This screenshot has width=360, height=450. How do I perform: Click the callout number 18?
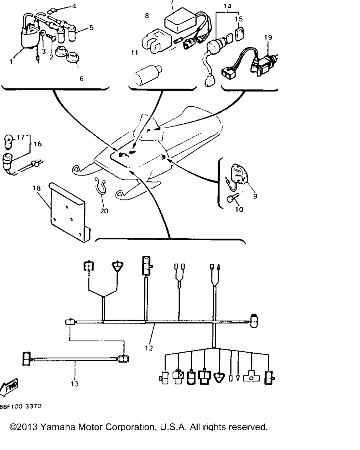click(x=37, y=188)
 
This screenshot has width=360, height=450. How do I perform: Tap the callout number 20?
click(x=104, y=211)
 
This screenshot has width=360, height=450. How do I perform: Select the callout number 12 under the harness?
click(x=149, y=348)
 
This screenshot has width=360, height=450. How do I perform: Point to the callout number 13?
click(x=75, y=384)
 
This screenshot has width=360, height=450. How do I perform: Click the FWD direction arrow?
click(x=8, y=387)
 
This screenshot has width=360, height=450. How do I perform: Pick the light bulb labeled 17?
click(x=9, y=142)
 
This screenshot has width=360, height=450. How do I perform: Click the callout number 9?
click(x=255, y=196)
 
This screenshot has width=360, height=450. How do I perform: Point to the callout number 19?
click(x=268, y=38)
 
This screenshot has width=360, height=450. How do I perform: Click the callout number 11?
click(x=135, y=52)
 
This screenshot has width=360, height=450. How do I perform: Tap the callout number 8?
click(x=147, y=16)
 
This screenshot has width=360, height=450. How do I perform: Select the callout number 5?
click(x=91, y=28)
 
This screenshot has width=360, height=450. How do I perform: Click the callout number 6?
click(x=81, y=79)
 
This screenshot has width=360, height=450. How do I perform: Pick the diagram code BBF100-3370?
click(x=20, y=406)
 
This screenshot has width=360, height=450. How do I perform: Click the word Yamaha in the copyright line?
click(x=57, y=426)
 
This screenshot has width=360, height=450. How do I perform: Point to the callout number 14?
click(x=227, y=6)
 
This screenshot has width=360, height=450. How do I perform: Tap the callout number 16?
click(x=38, y=144)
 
